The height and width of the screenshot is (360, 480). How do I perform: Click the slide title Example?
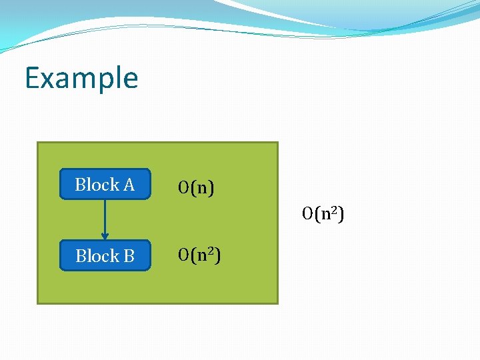pyautogui.click(x=81, y=78)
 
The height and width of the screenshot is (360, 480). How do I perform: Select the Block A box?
pyautogui.click(x=105, y=185)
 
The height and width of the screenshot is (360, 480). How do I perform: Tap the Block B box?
pyautogui.click(x=105, y=255)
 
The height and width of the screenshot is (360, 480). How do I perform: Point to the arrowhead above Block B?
pyautogui.click(x=105, y=236)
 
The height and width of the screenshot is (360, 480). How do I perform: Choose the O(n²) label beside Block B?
pyautogui.click(x=200, y=255)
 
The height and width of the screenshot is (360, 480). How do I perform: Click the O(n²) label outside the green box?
pyautogui.click(x=323, y=214)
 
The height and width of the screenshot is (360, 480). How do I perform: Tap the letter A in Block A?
pyautogui.click(x=129, y=185)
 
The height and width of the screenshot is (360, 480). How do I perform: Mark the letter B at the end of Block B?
pyautogui.click(x=129, y=256)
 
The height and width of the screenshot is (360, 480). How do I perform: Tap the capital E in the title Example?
pyautogui.click(x=32, y=78)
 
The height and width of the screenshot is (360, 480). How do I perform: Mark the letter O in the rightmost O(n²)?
pyautogui.click(x=307, y=214)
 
